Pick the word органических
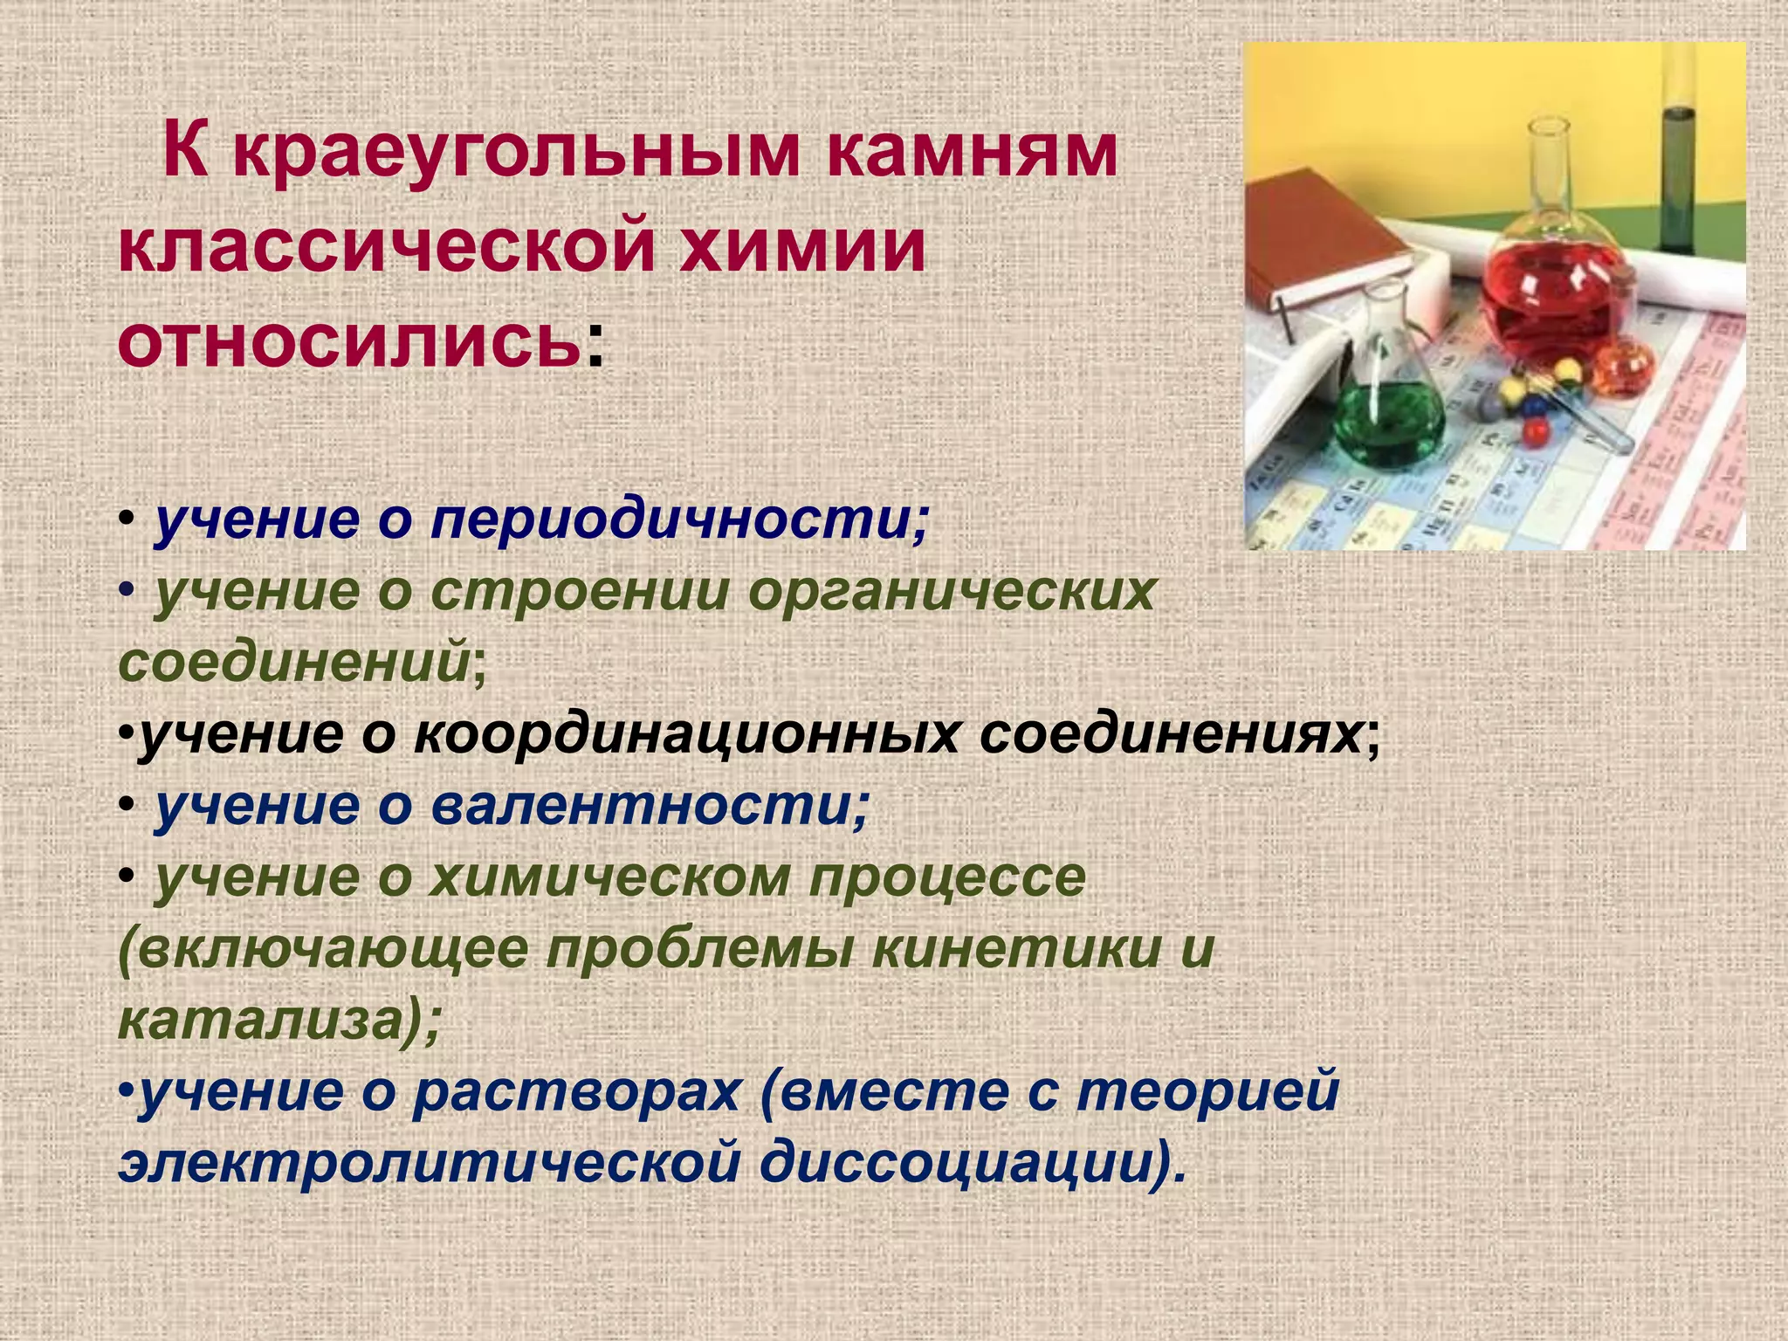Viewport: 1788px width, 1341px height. [952, 594]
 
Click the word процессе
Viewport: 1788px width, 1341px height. [946, 878]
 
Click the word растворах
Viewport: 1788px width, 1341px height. [577, 1093]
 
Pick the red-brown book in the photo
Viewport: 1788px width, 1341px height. [1327, 244]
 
